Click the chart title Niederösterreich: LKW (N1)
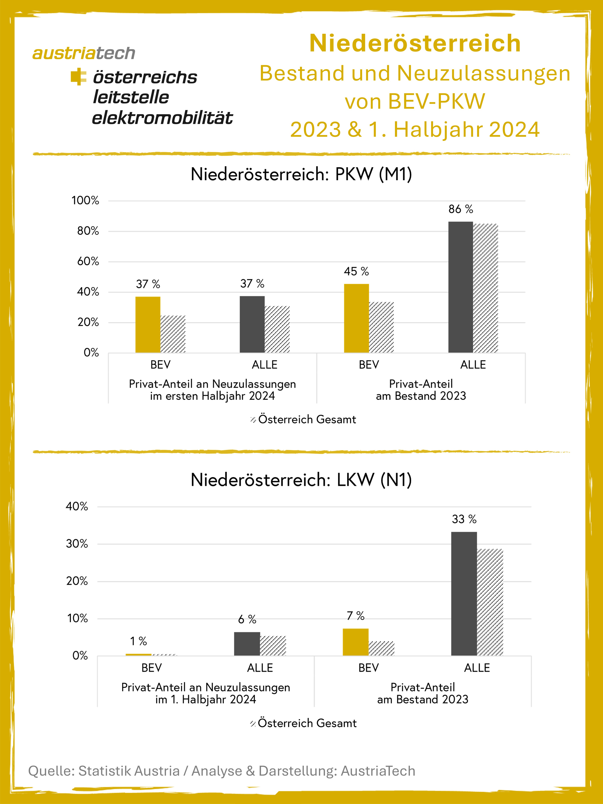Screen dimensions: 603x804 [301, 480]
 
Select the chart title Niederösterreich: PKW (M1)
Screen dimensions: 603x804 [301, 174]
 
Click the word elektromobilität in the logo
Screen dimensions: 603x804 [162, 118]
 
